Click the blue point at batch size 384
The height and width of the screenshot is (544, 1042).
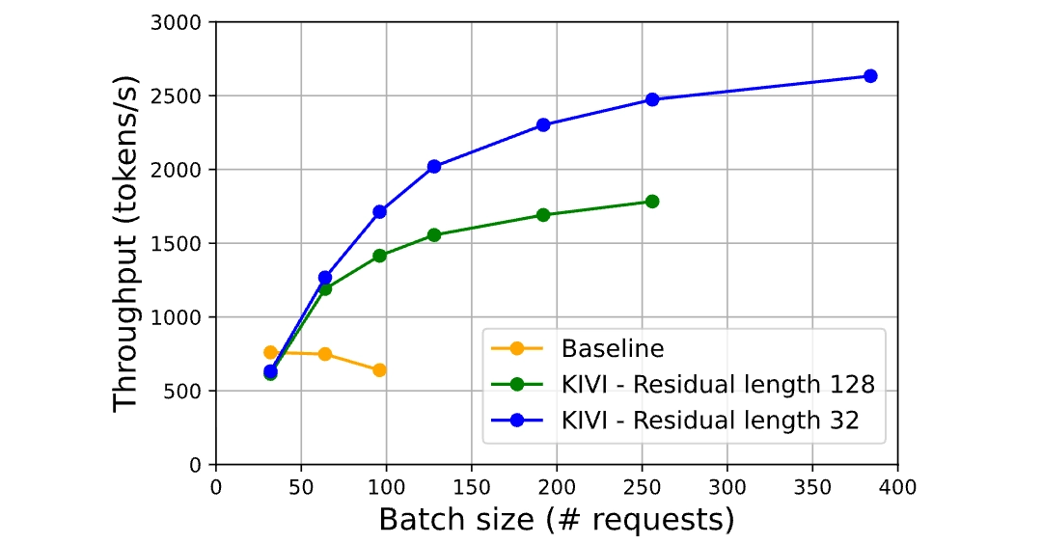tap(870, 76)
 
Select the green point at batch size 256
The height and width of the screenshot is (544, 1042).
tap(652, 202)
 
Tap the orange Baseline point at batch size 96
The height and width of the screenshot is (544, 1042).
tap(379, 370)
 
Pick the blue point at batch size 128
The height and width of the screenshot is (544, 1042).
tap(434, 167)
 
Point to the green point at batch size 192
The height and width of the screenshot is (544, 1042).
tap(543, 215)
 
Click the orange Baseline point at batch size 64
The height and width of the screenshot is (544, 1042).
tap(325, 354)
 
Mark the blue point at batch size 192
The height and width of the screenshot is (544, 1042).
tap(543, 124)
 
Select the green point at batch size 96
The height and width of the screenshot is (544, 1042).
tap(379, 256)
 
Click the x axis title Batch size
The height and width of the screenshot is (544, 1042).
tap(556, 519)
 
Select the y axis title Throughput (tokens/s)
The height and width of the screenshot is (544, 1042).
tap(126, 243)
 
